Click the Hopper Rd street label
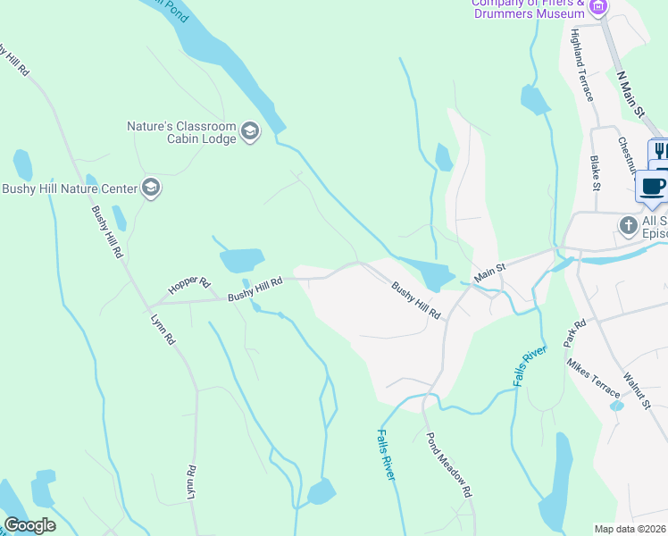click(x=188, y=286)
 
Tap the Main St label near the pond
click(x=489, y=272)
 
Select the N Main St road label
click(x=630, y=93)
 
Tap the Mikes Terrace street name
click(x=593, y=379)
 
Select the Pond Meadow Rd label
click(x=448, y=465)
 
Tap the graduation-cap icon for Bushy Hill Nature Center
click(x=150, y=188)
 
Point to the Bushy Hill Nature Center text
click(x=69, y=188)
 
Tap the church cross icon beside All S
click(x=628, y=225)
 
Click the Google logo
click(x=29, y=525)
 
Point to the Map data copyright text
click(x=630, y=529)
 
